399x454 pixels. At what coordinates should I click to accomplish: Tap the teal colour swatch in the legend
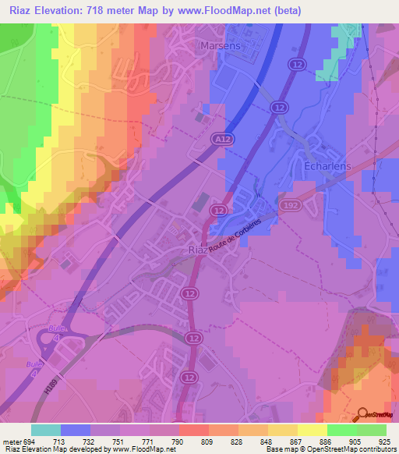[x=46, y=430]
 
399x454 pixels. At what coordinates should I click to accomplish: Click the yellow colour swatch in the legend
[x=312, y=430]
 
